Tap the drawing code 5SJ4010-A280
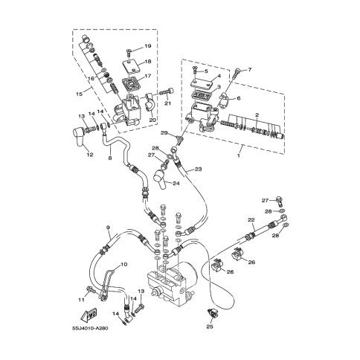coord(90,329)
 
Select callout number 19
coord(148,46)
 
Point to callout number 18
coord(148,62)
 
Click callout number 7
coord(249,70)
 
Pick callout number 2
coord(257,115)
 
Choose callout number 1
coord(239,156)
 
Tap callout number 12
coord(90,155)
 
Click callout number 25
coord(210,327)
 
